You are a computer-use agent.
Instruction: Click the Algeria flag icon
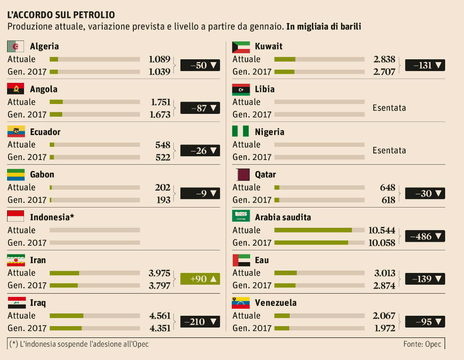16,46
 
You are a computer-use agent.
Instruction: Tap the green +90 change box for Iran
200,279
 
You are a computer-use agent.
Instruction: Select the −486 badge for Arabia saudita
425,236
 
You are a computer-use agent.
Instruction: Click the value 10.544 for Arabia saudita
382,230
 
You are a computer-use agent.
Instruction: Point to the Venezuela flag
241,303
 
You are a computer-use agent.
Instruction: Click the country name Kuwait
269,46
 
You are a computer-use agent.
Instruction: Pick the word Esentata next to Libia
389,108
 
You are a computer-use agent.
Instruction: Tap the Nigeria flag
241,132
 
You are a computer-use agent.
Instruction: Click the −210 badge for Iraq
200,322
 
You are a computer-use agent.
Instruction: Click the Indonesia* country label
52,217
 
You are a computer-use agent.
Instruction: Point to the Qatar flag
241,175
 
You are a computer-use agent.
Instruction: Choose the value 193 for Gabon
163,200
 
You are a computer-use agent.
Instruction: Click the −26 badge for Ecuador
200,151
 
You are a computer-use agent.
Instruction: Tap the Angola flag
16,89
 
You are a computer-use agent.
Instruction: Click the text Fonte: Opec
422,344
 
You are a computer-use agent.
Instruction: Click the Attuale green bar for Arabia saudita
313,230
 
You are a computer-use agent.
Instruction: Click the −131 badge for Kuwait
425,65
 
